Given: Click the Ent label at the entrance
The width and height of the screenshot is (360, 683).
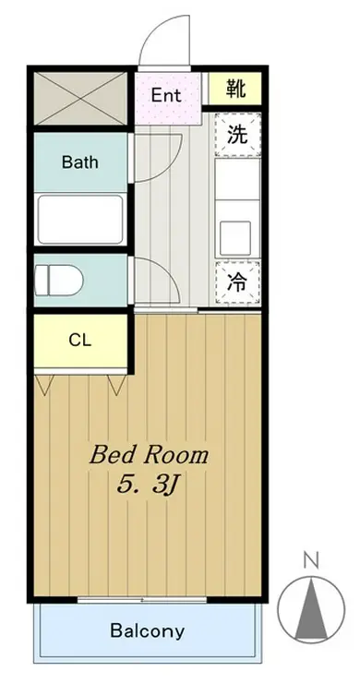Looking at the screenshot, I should pyautogui.click(x=166, y=95).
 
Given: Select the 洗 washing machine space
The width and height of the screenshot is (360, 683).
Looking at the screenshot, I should pyautogui.click(x=237, y=135).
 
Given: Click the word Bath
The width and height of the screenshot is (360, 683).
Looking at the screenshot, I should pyautogui.click(x=80, y=162).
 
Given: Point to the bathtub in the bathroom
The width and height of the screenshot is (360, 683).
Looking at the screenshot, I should pyautogui.click(x=80, y=218).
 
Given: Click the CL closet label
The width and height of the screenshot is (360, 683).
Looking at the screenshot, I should pyautogui.click(x=80, y=340).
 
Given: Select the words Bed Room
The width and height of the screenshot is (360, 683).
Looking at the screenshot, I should pyautogui.click(x=149, y=455).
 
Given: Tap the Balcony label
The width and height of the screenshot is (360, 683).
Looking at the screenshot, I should pyautogui.click(x=147, y=632).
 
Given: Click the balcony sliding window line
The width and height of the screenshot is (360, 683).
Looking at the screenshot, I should pyautogui.click(x=149, y=600).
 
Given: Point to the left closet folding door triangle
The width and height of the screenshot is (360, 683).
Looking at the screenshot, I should pyautogui.click(x=43, y=384).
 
